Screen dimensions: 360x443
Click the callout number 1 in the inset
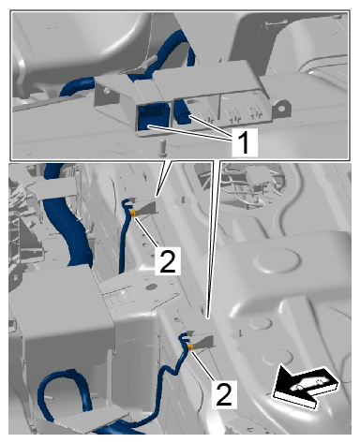245,142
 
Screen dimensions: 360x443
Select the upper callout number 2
168,260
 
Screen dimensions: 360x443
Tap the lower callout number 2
224,394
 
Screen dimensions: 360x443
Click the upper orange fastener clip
133,214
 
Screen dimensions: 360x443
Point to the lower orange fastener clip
190,347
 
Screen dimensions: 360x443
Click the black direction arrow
305,387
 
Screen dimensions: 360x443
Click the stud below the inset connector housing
162,147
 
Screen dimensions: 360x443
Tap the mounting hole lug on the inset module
281,109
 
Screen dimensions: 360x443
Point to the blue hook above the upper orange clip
127,203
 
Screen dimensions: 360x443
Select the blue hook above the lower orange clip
185,338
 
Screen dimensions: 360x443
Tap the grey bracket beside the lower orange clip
203,341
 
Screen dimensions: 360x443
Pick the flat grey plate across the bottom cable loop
92,418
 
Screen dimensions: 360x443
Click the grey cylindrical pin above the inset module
148,62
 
